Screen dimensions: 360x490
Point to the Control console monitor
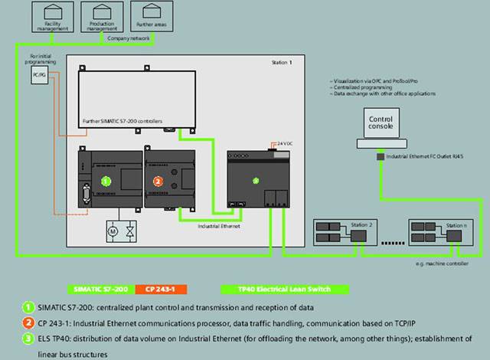pos(381,123)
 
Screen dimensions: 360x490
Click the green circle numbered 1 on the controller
pos(107,181)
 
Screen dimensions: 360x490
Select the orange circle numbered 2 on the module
pos(158,182)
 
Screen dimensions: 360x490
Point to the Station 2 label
pos(361,225)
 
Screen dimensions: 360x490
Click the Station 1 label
pos(282,62)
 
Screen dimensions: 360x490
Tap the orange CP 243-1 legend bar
pos(161,290)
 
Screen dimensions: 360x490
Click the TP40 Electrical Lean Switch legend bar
pos(284,290)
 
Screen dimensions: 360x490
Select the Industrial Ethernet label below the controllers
pos(218,227)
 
